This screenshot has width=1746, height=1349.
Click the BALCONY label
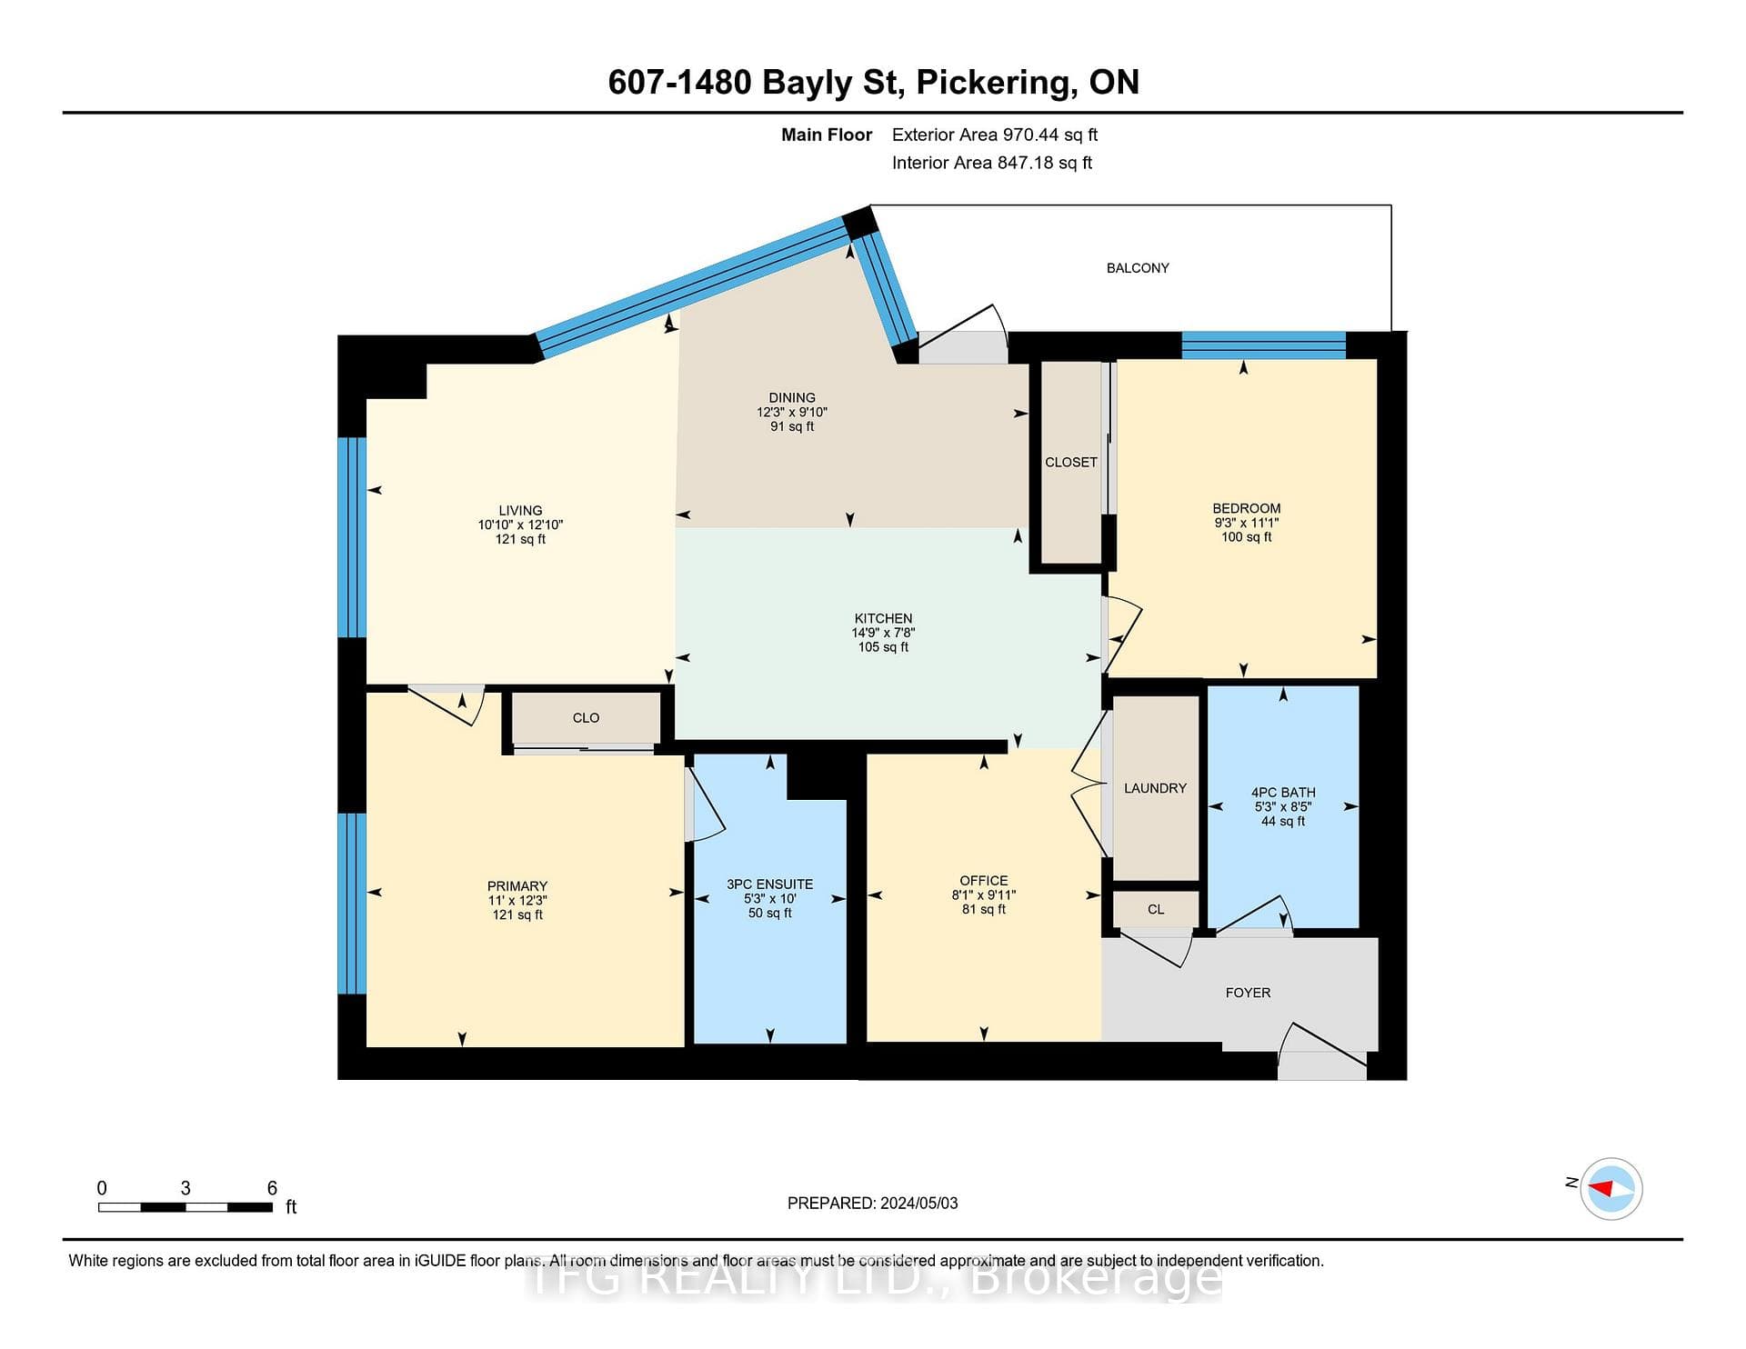pos(1138,268)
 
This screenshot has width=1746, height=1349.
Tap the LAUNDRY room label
pos(1155,788)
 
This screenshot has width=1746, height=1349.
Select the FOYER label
pos(1248,993)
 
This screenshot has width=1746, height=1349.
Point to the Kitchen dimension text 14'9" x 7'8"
pos(883,633)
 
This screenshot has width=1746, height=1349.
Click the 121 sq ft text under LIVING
pos(520,539)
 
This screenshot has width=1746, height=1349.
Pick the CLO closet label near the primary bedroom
pos(586,718)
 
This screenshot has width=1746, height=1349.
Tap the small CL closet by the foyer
pos(1156,909)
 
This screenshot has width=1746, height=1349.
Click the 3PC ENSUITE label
pos(769,884)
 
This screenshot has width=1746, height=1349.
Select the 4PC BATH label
pos(1283,793)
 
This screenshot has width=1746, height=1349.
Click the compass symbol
pos(1611,1188)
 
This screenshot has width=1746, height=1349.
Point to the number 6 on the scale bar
pos(272,1188)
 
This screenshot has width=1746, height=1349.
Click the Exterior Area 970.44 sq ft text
pos(995,135)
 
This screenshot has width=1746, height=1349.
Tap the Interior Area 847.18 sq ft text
pos(992,163)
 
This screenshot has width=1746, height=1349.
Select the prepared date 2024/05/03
pos(918,1204)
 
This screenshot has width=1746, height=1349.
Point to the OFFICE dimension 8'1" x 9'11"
pos(984,894)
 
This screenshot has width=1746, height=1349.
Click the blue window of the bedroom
pos(1263,345)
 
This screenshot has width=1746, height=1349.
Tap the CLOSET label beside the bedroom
pos(1070,463)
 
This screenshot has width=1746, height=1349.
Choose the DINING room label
pos(792,398)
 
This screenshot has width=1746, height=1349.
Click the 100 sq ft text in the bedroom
pos(1247,537)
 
